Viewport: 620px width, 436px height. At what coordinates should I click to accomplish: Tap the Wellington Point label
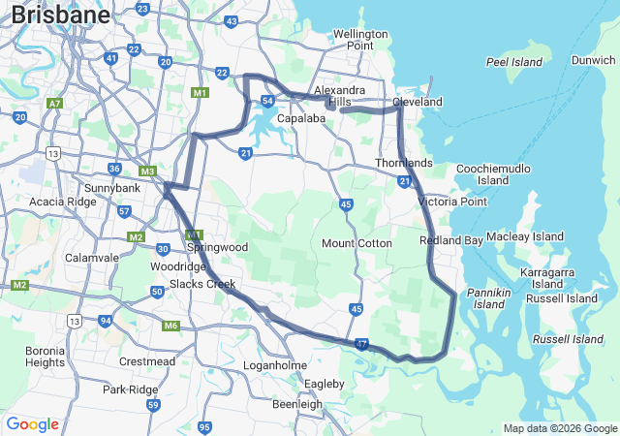359,40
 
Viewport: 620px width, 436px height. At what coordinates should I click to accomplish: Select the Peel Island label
514,61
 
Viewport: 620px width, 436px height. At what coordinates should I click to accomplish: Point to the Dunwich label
593,60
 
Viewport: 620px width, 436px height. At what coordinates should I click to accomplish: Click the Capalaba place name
300,118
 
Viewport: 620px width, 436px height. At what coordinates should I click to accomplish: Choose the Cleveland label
417,102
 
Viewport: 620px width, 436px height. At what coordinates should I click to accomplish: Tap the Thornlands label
403,163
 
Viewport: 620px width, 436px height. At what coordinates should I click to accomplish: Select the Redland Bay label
450,239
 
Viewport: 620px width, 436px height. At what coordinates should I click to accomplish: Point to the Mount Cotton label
356,243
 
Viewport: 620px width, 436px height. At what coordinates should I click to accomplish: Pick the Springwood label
221,247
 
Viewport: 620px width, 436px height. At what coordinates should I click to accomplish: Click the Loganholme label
274,365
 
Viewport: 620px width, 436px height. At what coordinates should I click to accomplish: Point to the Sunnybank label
112,187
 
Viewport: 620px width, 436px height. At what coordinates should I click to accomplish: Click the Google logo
32,424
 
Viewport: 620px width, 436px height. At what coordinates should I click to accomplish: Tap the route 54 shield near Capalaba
268,100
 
